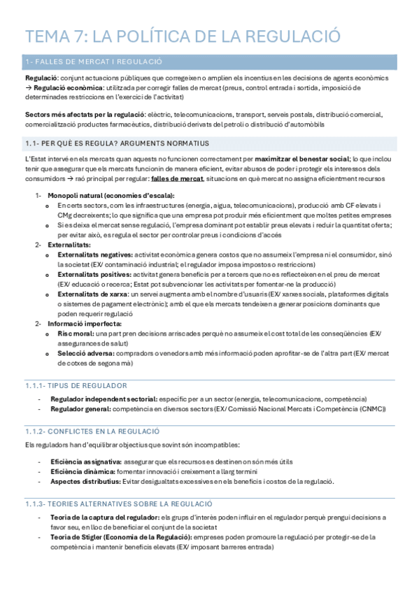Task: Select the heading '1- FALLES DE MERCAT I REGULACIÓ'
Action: click(93, 62)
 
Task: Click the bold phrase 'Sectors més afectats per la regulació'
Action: click(85, 114)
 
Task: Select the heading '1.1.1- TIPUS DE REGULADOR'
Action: click(76, 385)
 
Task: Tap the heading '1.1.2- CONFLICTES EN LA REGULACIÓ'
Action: click(92, 431)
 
